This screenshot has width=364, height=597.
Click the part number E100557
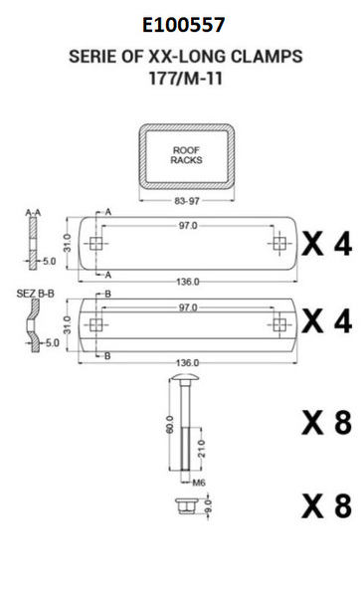184,25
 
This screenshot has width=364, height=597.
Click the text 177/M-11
185,79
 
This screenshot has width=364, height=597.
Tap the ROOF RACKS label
186,155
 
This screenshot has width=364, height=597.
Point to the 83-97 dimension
187,201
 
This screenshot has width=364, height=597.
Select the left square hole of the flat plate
95,244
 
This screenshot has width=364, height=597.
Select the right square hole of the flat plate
279,244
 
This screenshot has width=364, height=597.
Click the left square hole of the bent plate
95,324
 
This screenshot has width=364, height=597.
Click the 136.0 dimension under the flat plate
188,282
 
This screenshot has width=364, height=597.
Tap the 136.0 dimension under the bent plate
187,363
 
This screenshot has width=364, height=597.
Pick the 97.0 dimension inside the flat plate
188,226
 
